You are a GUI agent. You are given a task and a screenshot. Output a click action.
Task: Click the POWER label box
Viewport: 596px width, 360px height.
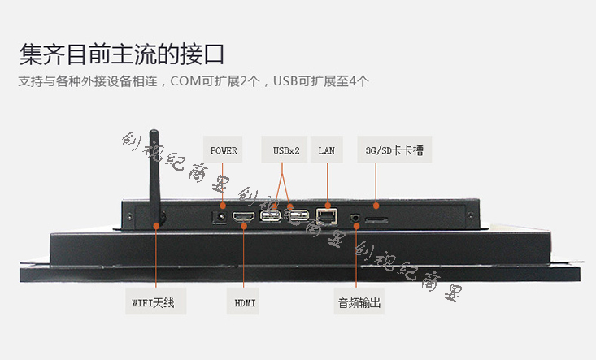click(224, 150)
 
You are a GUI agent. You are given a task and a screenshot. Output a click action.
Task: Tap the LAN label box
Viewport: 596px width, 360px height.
click(326, 150)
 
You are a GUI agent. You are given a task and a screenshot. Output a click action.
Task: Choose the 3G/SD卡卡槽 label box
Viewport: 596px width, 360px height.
click(394, 150)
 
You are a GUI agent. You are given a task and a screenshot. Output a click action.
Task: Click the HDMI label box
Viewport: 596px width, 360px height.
click(245, 303)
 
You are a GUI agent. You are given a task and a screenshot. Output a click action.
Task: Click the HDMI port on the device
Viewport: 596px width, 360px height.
click(244, 219)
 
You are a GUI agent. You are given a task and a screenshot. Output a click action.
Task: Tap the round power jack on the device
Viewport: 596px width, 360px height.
click(219, 217)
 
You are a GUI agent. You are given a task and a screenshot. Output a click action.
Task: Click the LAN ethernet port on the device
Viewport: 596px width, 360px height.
click(327, 216)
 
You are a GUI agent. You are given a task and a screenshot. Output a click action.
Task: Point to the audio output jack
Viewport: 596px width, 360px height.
click(355, 219)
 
